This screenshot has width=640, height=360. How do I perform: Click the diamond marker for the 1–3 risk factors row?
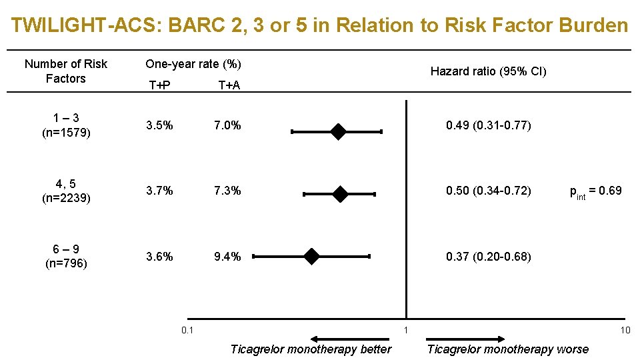[x=339, y=132]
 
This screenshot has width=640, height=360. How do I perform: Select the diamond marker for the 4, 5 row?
[x=340, y=194]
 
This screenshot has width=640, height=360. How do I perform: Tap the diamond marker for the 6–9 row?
[x=311, y=256]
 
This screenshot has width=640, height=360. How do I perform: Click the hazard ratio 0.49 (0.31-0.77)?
[x=488, y=125]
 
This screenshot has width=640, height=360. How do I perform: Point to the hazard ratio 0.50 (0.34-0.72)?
[x=488, y=191]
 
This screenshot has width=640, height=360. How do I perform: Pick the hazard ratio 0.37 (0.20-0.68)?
[x=488, y=256]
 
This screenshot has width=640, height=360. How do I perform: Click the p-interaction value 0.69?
[x=595, y=191]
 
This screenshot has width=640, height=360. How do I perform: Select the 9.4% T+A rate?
[x=227, y=256]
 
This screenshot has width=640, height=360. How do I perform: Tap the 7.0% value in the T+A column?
[x=227, y=125]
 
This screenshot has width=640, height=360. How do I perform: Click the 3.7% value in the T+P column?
[x=160, y=191]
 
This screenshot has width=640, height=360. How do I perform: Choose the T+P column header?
[x=159, y=85]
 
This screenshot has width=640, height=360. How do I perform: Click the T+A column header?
[x=229, y=85]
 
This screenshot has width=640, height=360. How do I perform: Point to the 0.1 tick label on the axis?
[x=187, y=330]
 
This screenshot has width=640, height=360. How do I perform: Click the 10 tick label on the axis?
[x=625, y=330]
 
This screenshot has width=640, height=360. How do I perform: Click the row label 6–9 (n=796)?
[x=65, y=256]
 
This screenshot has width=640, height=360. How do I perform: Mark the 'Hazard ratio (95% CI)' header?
[x=488, y=71]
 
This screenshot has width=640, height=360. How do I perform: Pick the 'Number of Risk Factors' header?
[x=65, y=71]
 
